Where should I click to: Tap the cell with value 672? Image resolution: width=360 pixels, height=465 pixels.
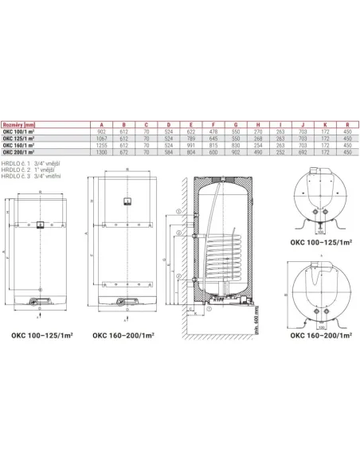tap(123, 152)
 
